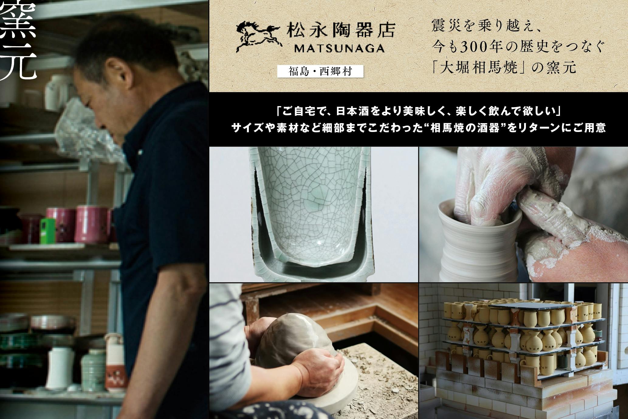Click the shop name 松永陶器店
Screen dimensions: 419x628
341,30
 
